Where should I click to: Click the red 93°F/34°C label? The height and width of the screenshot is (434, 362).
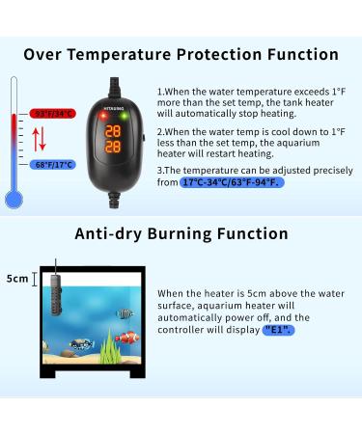click(53, 114)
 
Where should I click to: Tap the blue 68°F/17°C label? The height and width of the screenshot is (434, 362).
click(53, 165)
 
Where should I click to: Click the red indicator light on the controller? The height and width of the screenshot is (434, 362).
click(103, 116)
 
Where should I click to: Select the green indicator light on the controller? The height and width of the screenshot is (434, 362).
click(124, 116)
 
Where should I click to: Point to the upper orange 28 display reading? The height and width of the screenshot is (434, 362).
click(113, 131)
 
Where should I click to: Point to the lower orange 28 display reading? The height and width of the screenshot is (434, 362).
click(113, 147)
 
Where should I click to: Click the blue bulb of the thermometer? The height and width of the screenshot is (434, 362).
click(14, 200)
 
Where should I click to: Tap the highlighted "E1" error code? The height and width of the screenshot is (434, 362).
click(278, 330)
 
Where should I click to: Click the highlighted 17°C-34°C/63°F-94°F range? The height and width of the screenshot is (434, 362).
click(232, 182)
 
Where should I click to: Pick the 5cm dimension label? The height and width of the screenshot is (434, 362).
click(17, 279)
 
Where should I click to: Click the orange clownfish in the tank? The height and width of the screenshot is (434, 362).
click(127, 338)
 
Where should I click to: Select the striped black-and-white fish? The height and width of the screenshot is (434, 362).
click(125, 313)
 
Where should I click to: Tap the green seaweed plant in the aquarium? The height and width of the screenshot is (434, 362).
click(109, 347)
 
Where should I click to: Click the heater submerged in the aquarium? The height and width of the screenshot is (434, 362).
click(55, 294)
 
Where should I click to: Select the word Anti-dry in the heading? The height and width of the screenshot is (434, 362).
click(108, 233)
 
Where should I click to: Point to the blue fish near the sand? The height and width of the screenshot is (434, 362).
click(82, 345)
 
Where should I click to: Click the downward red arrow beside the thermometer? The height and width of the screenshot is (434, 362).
click(42, 139)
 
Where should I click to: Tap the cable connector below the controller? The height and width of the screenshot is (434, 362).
click(114, 200)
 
